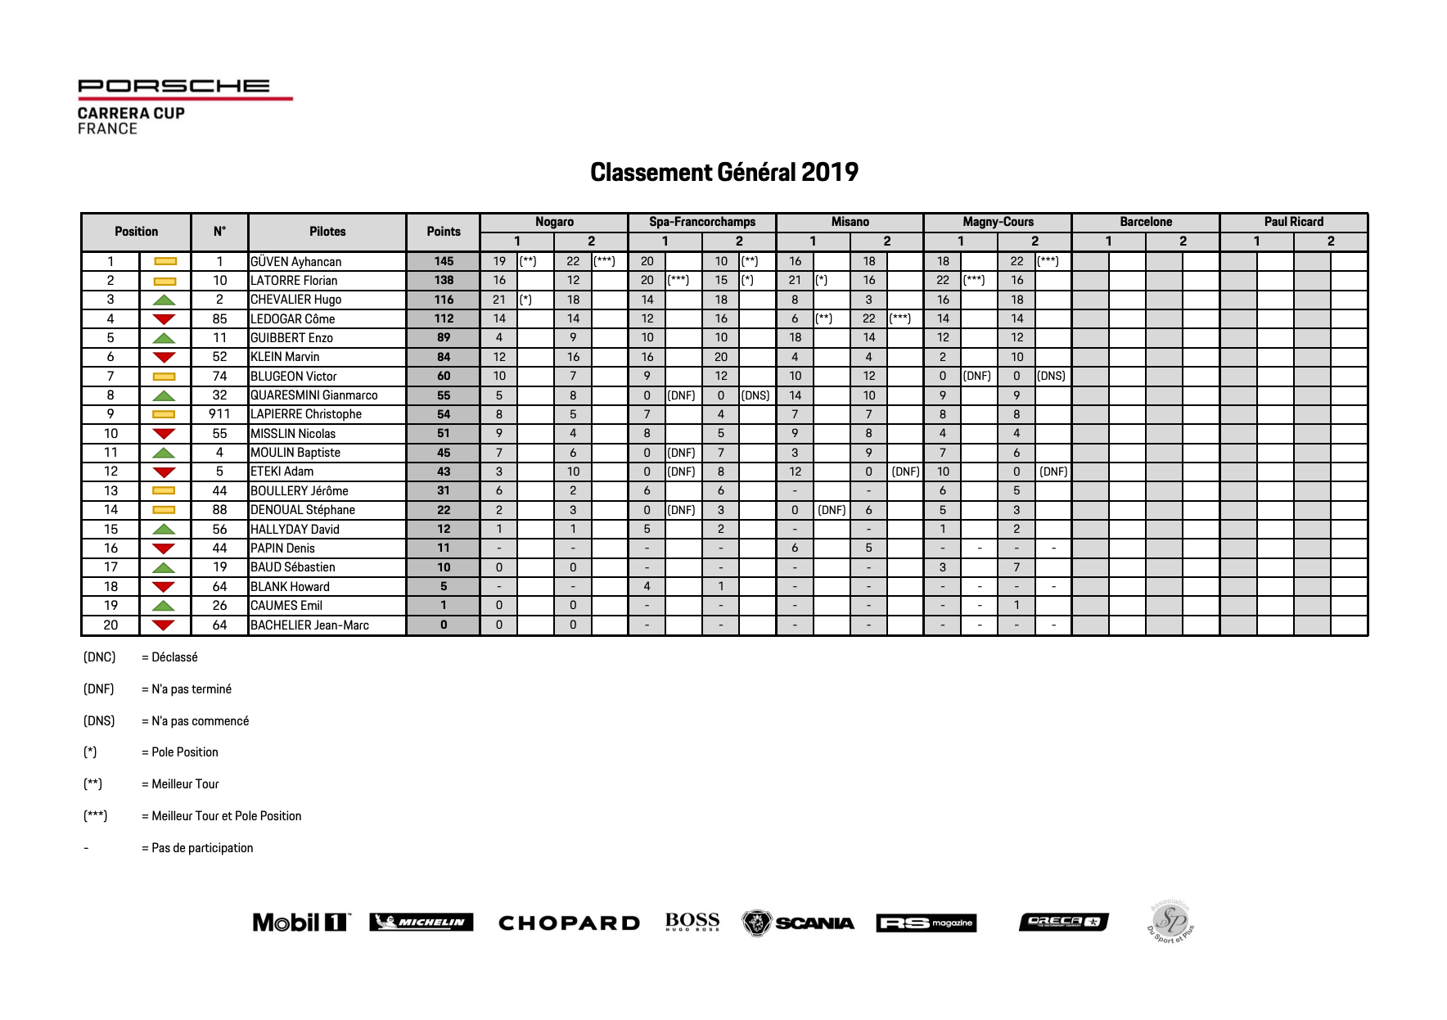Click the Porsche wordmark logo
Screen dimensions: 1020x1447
174,86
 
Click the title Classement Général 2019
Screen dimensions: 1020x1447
723,172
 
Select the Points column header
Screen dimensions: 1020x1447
444,232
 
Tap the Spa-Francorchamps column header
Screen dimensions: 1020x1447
701,222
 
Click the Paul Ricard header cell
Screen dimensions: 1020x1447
1293,222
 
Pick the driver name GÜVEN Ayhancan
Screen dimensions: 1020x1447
295,262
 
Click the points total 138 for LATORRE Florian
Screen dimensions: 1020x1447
444,280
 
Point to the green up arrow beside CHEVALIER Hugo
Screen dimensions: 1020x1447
165,300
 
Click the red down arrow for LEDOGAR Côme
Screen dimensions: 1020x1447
165,319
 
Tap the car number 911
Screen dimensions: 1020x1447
219,414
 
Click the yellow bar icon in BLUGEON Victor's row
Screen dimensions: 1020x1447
165,377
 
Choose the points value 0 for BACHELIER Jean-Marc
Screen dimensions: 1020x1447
444,625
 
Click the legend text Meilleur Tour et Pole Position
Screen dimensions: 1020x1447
226,816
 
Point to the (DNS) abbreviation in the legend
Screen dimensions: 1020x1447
99,721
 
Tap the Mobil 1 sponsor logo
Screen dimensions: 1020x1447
301,923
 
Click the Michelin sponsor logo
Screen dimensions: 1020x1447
421,923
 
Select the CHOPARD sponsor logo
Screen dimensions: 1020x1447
569,923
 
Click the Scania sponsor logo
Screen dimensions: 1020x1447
798,923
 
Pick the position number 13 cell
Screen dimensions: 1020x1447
110,491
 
